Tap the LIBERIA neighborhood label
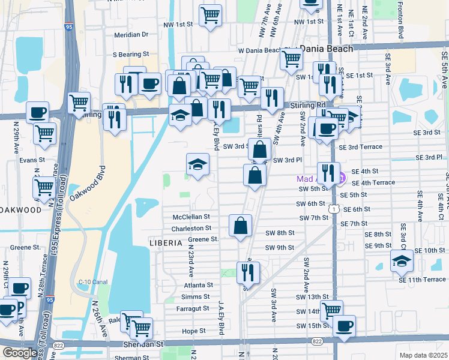click(165, 243)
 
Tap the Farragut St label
click(193, 308)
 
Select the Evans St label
click(32, 160)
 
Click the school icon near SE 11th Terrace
click(402, 260)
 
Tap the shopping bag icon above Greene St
click(240, 226)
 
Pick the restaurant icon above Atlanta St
click(248, 272)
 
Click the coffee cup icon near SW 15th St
click(344, 326)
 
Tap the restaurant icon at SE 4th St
click(328, 172)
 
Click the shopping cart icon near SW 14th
click(331, 310)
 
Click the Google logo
click(20, 353)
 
